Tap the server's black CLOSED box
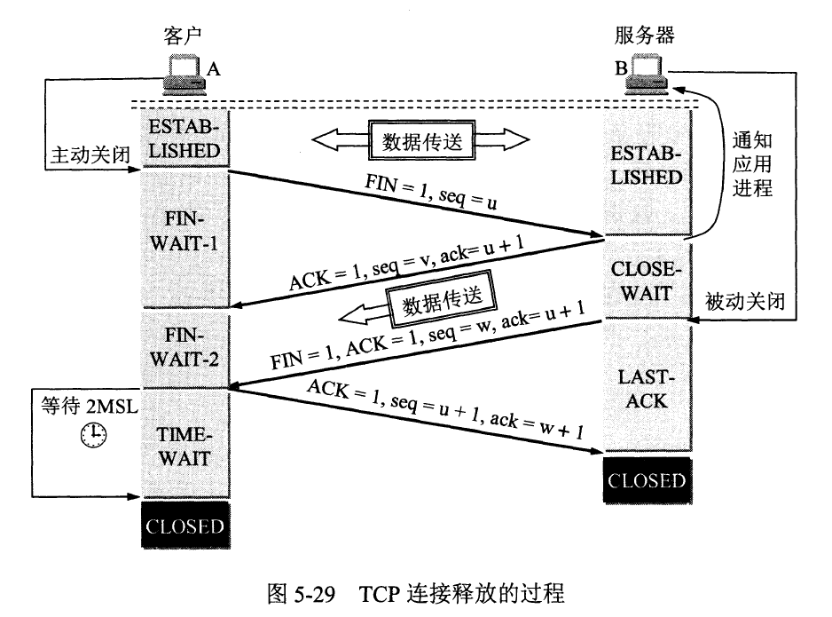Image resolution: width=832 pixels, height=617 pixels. pyautogui.click(x=647, y=480)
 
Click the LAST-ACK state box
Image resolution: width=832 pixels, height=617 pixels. pyautogui.click(x=647, y=389)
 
